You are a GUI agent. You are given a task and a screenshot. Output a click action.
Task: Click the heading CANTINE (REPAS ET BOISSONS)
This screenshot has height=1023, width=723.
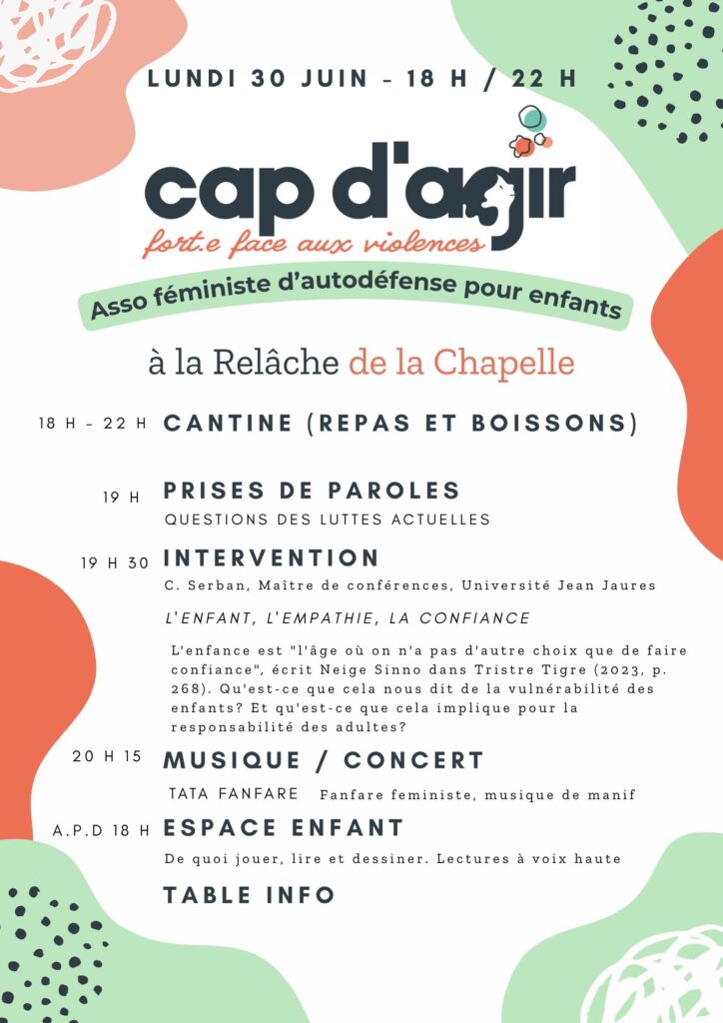[x=399, y=423]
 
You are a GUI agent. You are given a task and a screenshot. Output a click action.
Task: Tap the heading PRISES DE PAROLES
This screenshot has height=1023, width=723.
[x=311, y=491]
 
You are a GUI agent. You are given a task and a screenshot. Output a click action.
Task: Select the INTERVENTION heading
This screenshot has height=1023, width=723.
[x=271, y=557]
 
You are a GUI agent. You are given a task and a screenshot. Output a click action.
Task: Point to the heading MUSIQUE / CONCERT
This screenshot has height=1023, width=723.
[x=323, y=760]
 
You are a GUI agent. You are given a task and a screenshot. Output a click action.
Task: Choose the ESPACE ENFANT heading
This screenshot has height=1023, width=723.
[x=284, y=828]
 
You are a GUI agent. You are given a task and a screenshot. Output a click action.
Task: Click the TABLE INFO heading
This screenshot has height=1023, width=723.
[x=249, y=895]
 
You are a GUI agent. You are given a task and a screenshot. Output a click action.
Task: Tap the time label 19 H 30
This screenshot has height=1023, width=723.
[x=115, y=563]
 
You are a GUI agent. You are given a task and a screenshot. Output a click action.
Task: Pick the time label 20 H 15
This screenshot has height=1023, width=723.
[x=107, y=756]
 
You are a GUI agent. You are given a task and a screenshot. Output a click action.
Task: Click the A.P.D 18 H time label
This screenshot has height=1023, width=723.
[x=102, y=830]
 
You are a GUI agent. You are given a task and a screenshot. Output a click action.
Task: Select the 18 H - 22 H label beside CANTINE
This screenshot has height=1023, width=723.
[x=93, y=424]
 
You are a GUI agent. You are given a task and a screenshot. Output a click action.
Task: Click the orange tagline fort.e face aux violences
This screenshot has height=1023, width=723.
[x=314, y=241]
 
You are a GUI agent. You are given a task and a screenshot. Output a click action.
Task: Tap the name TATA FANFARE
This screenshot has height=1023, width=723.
[x=234, y=794]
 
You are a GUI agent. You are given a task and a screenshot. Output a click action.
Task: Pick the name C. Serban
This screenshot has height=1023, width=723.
[x=197, y=585]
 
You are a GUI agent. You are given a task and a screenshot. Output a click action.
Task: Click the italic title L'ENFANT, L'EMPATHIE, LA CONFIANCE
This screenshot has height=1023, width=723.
[x=347, y=618]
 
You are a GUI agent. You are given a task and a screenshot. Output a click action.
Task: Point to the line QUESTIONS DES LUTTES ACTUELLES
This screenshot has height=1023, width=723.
[x=328, y=518]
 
